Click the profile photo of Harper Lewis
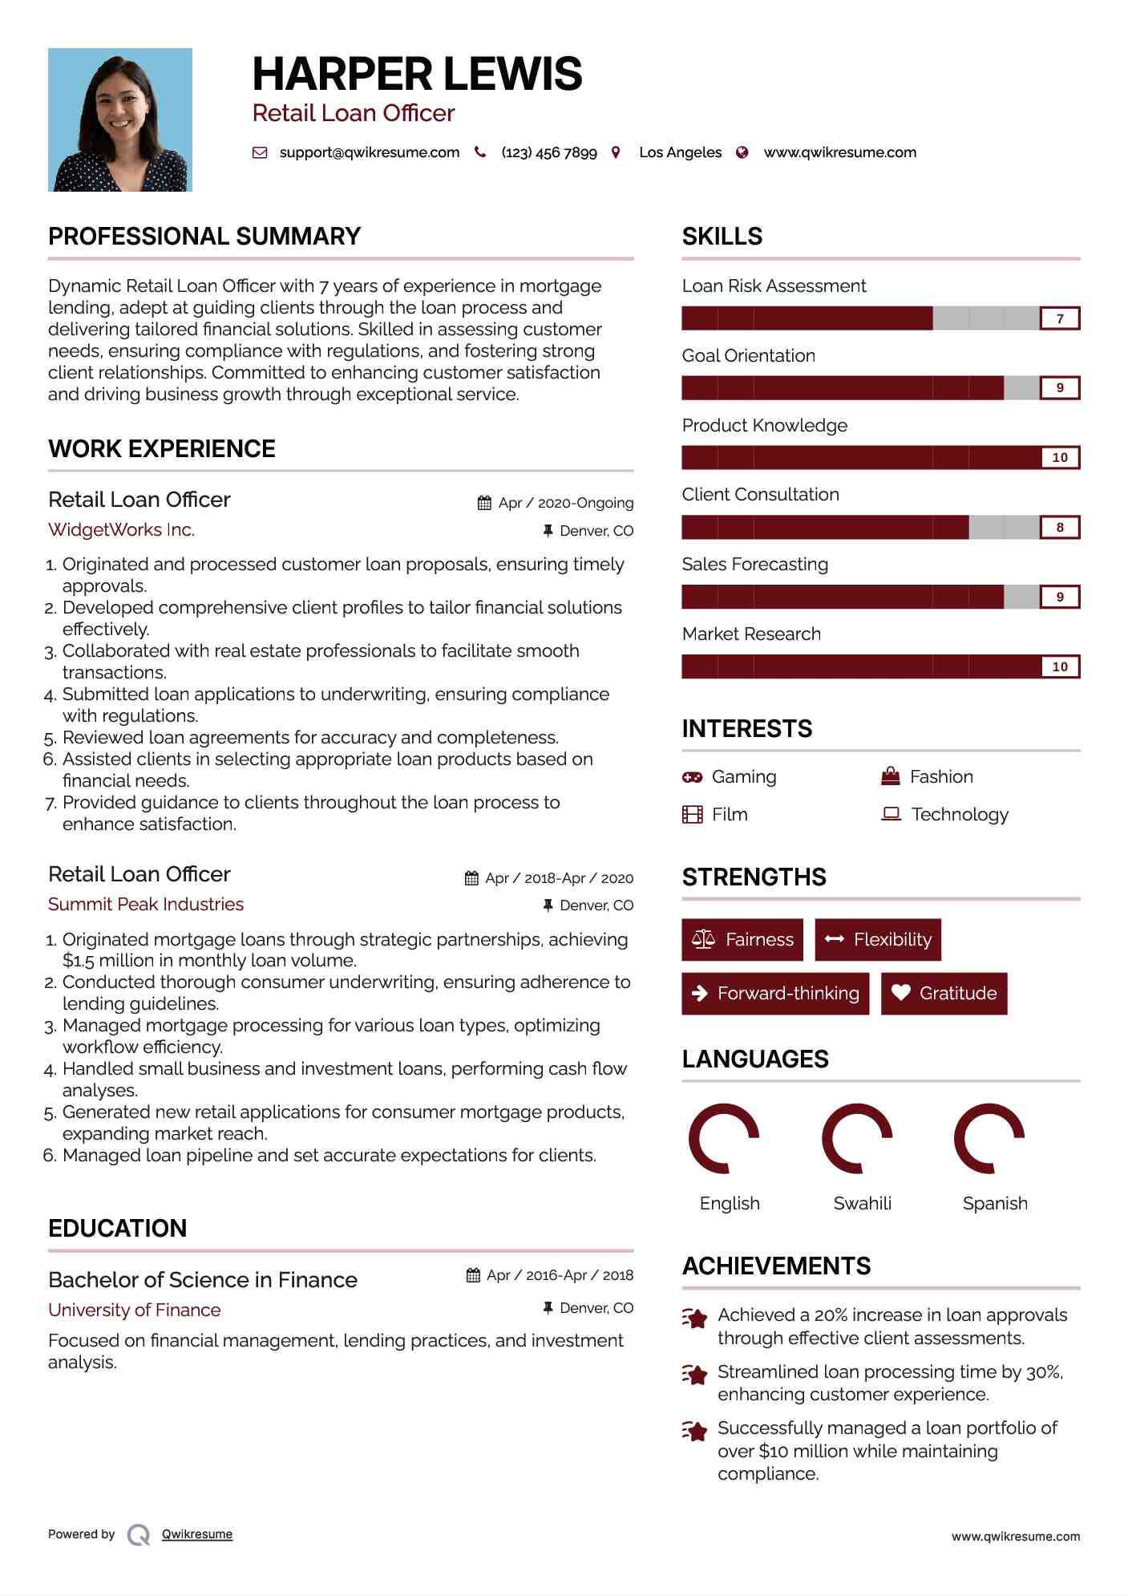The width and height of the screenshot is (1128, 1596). click(x=120, y=119)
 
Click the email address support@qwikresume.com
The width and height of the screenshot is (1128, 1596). click(x=369, y=152)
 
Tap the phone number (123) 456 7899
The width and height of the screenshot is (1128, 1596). click(x=548, y=152)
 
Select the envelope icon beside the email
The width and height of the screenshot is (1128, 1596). click(x=260, y=152)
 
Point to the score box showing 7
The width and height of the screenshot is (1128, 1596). click(x=1059, y=318)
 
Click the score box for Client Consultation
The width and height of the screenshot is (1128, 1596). click(x=1059, y=527)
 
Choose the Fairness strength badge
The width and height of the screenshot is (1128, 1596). click(x=742, y=939)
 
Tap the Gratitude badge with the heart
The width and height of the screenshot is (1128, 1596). click(x=944, y=993)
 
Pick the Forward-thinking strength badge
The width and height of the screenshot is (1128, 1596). click(x=775, y=993)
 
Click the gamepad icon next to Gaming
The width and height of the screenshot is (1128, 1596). click(x=692, y=776)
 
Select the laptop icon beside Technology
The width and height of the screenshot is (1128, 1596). click(x=891, y=814)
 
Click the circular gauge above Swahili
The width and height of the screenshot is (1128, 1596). click(x=857, y=1138)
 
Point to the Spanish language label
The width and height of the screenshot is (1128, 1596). click(x=994, y=1203)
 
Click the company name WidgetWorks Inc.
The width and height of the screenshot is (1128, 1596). click(x=121, y=529)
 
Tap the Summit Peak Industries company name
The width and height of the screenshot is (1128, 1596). click(x=146, y=904)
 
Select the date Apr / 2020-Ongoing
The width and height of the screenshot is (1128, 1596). click(x=565, y=503)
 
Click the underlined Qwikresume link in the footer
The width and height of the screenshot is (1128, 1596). click(x=197, y=1533)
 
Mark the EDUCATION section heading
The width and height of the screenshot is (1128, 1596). click(x=117, y=1228)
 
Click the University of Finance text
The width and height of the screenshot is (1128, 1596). click(x=134, y=1310)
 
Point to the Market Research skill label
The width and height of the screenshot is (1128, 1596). click(x=751, y=634)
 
